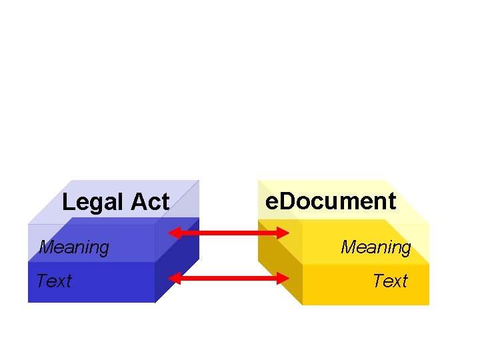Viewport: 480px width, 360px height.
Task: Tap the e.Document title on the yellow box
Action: (331, 201)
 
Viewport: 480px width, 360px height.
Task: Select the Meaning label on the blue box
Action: (74, 247)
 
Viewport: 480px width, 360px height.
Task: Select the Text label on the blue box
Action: (53, 281)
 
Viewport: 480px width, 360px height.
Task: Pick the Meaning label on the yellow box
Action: (376, 247)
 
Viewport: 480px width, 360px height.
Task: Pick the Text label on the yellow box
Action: (390, 281)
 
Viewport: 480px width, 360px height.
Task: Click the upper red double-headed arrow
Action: (229, 233)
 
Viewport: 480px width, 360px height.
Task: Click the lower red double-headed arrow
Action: (229, 278)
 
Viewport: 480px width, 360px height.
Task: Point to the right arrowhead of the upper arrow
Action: (283, 233)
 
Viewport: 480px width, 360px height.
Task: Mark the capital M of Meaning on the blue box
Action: (47, 247)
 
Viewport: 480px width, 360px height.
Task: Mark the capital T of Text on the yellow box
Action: (377, 281)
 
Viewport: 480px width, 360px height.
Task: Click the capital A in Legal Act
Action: (139, 201)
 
